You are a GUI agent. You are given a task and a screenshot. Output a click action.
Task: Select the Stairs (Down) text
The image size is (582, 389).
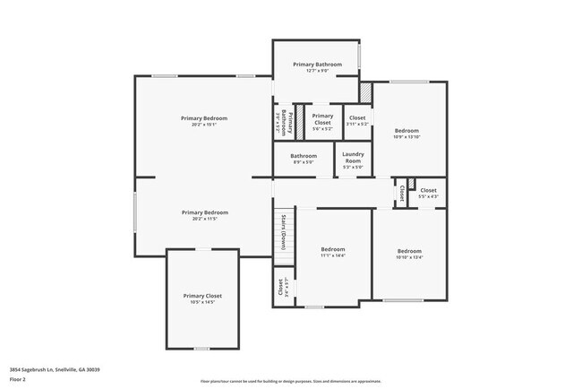click(284, 233)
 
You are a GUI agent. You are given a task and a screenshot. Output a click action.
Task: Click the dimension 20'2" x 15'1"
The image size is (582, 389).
click(204, 125)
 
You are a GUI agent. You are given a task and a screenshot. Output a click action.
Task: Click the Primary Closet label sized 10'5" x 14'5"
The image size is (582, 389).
click(202, 296)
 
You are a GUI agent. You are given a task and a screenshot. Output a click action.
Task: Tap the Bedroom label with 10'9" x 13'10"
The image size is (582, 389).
click(407, 131)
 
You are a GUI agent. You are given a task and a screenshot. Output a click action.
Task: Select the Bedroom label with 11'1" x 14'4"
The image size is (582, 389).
click(332, 249)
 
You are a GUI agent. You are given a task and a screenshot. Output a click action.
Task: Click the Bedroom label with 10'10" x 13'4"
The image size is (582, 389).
click(409, 251)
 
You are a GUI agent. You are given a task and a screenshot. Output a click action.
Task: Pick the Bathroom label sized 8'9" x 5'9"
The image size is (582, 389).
click(304, 156)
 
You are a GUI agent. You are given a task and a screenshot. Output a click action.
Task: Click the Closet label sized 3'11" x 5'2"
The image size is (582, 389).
click(356, 118)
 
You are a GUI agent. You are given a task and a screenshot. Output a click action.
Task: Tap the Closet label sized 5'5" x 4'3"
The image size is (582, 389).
click(428, 190)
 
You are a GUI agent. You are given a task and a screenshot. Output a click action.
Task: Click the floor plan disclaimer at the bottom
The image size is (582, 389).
click(290, 380)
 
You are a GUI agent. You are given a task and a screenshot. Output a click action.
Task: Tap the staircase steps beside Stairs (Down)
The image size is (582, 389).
click(278, 235)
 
